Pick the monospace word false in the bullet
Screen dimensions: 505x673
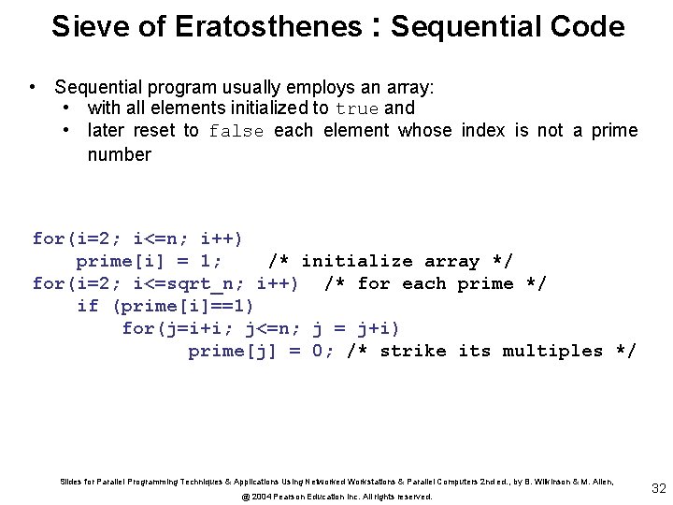(x=236, y=131)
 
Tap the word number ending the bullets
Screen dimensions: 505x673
(x=119, y=154)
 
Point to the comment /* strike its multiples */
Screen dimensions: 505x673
(x=492, y=351)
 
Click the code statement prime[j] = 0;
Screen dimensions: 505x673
(x=262, y=351)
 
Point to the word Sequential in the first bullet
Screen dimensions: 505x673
(x=100, y=87)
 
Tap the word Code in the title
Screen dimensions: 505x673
(x=592, y=26)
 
